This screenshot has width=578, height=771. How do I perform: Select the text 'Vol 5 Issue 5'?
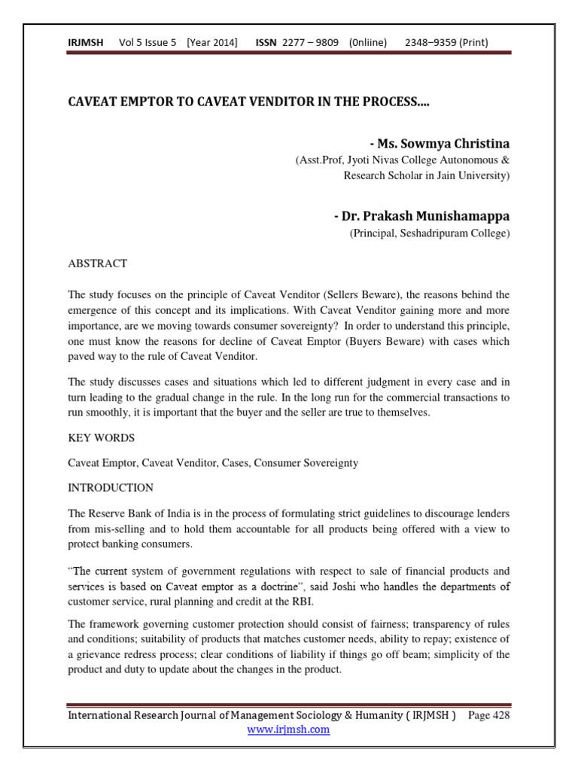[x=148, y=42]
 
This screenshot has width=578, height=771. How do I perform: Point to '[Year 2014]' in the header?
[x=212, y=42]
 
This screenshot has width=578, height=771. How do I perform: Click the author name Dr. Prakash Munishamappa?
[x=421, y=216]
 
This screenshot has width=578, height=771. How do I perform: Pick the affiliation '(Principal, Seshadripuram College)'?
[x=429, y=233]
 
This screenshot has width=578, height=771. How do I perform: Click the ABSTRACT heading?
[x=98, y=264]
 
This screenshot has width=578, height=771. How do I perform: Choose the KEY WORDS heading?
[x=102, y=437]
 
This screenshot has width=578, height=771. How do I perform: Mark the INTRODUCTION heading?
[x=111, y=487]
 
